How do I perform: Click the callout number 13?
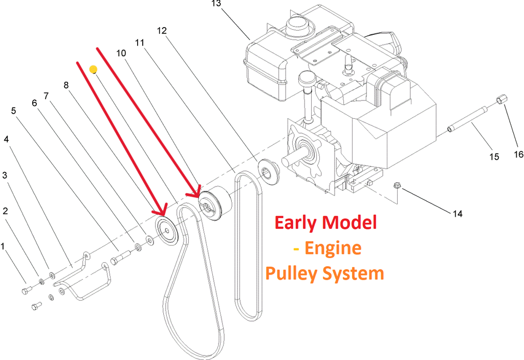(215, 4)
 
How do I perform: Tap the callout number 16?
(518, 154)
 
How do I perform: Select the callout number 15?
(494, 157)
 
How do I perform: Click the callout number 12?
(162, 31)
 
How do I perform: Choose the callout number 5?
(13, 111)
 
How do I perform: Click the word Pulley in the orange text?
(290, 273)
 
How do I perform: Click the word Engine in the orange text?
(334, 248)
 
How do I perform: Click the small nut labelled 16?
(501, 99)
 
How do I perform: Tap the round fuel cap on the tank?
(297, 23)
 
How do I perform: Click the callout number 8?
(67, 85)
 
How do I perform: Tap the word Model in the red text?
(350, 223)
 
